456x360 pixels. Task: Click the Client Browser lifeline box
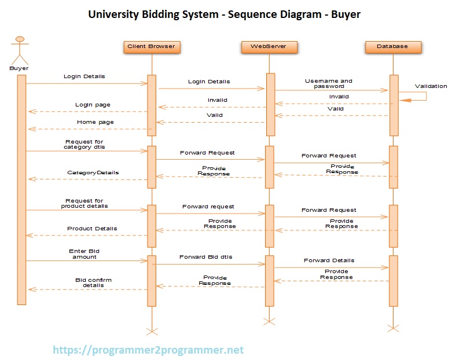152,46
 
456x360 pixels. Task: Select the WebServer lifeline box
269,46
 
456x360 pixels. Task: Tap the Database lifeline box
393,46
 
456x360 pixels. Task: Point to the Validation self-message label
431,86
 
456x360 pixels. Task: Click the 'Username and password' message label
329,83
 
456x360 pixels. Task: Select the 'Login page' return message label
93,105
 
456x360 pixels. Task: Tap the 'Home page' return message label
95,122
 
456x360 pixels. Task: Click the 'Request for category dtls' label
84,144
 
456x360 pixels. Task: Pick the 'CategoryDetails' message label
93,172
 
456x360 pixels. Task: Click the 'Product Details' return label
92,229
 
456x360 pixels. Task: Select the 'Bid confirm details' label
93,282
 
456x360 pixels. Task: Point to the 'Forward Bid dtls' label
207,257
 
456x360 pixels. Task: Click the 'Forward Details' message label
329,260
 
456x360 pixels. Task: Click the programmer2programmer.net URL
148,350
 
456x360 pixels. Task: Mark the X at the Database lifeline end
394,328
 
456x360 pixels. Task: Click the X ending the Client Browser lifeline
152,330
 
